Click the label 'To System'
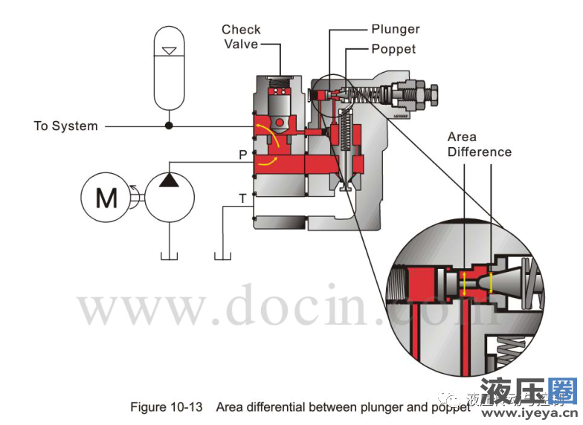65,126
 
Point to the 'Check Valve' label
241,37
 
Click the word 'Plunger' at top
396,30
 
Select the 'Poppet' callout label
393,50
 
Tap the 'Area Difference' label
479,145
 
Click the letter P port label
242,155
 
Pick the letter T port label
242,198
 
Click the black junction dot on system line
169,126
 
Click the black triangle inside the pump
170,181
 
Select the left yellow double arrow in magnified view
464,283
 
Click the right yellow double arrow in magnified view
491,282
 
